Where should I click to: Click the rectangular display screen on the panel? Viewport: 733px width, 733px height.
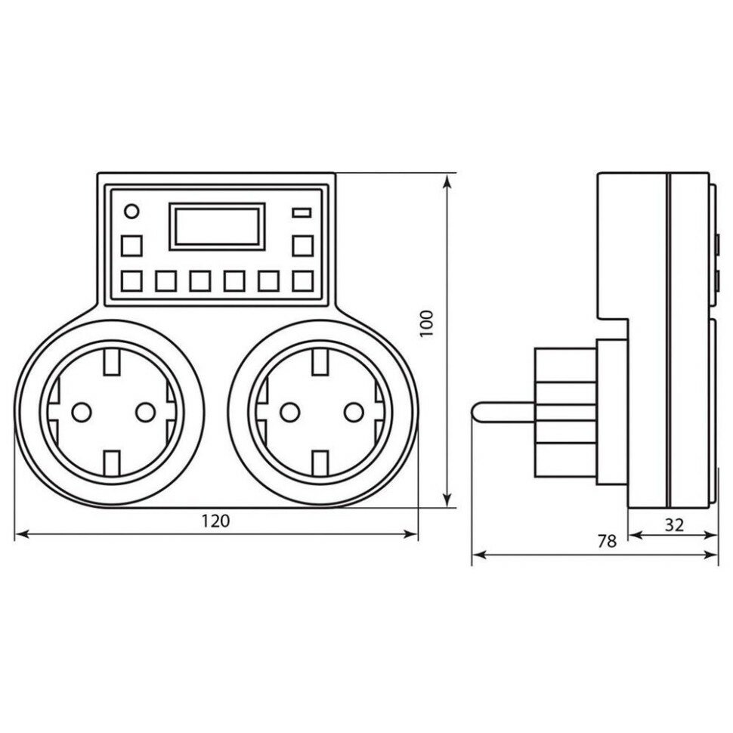[217, 225]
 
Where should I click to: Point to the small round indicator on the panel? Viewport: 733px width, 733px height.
[131, 211]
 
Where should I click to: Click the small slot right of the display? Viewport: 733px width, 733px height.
[302, 212]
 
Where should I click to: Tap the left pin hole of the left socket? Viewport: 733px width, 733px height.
[80, 411]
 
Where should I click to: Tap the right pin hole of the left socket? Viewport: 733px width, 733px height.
[144, 411]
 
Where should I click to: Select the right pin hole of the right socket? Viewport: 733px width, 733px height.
[352, 411]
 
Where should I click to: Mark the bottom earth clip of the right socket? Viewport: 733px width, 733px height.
[320, 460]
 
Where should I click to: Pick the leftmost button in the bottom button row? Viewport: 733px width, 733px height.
[131, 282]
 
